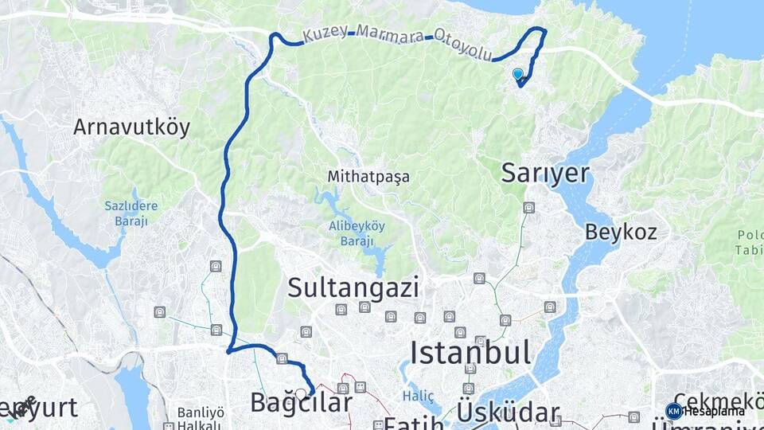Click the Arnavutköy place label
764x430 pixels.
(131, 127)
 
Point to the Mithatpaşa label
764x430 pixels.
(368, 177)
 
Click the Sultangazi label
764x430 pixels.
(353, 287)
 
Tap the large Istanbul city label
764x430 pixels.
(470, 351)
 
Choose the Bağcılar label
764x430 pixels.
(301, 403)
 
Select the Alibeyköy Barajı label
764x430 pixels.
(357, 233)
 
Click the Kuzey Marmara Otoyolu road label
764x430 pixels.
(397, 42)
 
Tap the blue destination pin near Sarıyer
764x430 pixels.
(518, 75)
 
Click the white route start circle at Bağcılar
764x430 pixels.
(301, 393)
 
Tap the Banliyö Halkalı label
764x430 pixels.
(200, 419)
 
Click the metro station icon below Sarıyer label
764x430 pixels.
(528, 209)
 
